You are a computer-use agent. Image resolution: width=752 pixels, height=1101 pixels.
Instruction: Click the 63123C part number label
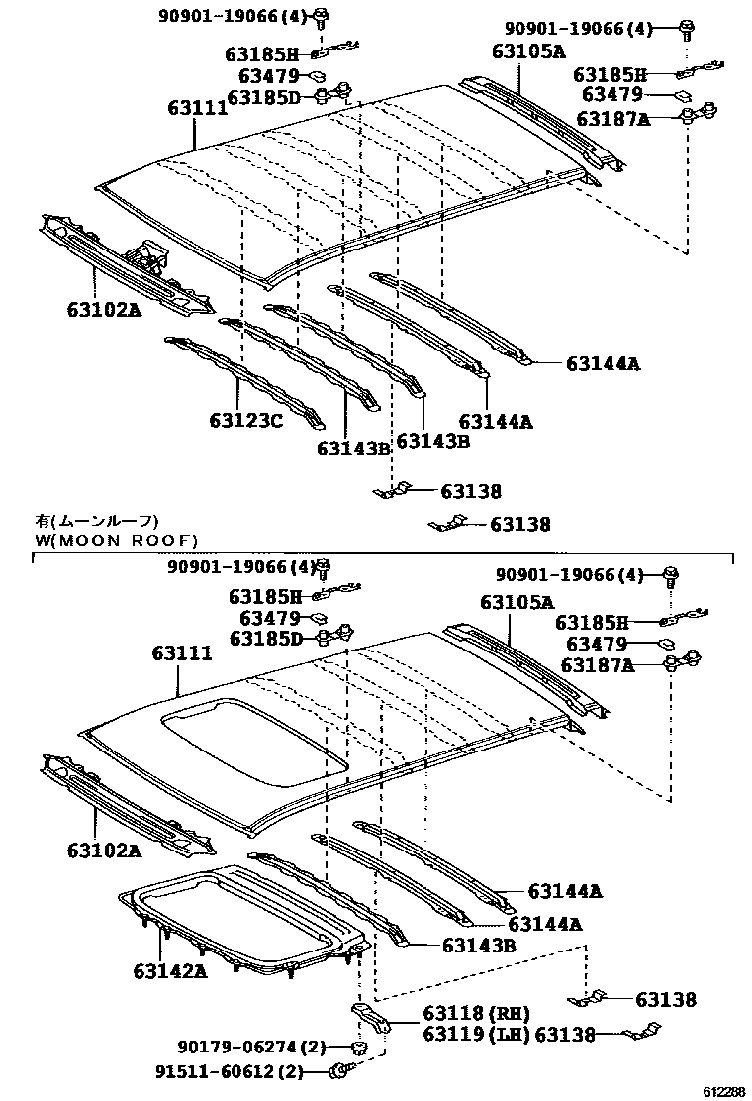(245, 421)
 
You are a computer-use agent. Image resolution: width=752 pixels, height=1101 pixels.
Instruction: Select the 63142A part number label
(169, 970)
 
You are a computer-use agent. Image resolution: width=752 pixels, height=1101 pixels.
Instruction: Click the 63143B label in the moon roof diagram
(479, 946)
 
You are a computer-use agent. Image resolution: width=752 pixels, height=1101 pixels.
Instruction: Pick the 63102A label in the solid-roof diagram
(104, 309)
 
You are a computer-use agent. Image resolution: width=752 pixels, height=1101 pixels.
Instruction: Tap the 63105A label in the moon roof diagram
(517, 602)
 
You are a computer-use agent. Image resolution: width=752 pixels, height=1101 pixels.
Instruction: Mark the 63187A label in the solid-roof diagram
(612, 119)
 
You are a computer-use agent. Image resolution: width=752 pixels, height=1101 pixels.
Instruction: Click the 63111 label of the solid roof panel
(198, 108)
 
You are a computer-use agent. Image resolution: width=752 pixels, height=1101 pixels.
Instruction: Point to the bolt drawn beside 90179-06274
(360, 1047)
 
